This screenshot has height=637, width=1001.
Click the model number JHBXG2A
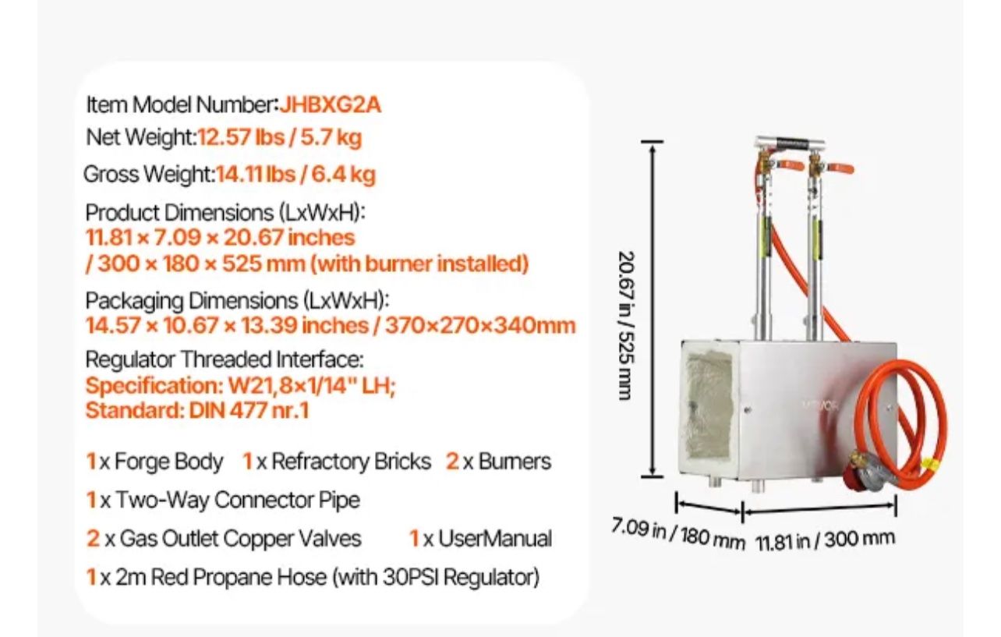tap(331, 105)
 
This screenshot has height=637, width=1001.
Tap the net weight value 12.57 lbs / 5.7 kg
tap(279, 137)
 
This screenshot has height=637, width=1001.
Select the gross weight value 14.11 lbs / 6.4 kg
tap(295, 175)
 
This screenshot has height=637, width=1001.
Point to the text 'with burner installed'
tap(419, 264)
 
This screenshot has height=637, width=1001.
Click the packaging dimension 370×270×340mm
tap(480, 325)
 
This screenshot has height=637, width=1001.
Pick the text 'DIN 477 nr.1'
tap(249, 410)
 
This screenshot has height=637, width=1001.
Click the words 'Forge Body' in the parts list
tap(168, 462)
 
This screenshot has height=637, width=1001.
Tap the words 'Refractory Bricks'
tap(352, 462)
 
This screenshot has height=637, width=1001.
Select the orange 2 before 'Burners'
tap(452, 462)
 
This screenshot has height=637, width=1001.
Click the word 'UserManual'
tap(495, 538)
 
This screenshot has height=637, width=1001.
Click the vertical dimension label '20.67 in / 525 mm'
tap(627, 325)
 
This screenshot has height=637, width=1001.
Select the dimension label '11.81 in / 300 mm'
tap(825, 540)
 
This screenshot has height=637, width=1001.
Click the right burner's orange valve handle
tap(840, 168)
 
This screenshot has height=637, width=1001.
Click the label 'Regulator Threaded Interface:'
tap(225, 359)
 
